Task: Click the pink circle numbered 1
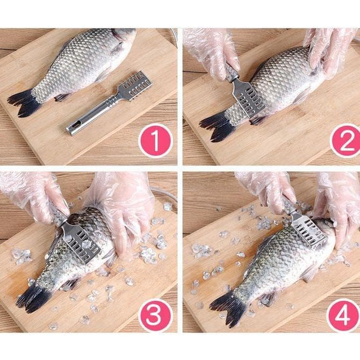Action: (x=155, y=140)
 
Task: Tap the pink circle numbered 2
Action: (x=346, y=141)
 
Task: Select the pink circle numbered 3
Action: (x=155, y=315)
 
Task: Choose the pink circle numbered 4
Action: (x=343, y=315)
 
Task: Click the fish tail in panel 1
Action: (x=23, y=102)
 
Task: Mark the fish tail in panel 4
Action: (x=227, y=308)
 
